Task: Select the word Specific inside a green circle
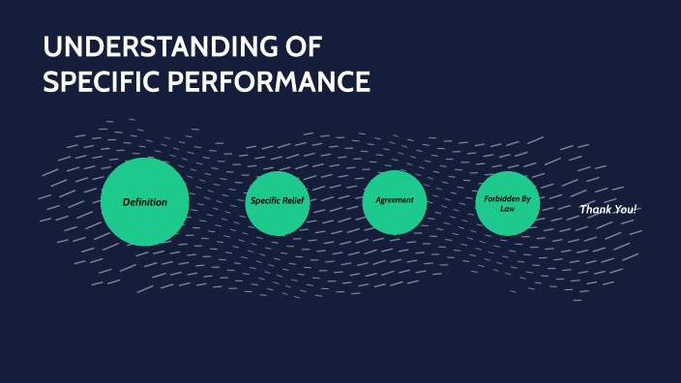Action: click(x=264, y=201)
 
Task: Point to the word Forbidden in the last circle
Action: click(x=501, y=198)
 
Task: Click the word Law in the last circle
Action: click(x=508, y=208)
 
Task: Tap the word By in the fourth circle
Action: click(x=527, y=198)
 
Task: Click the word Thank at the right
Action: click(x=595, y=210)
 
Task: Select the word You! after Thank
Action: click(x=626, y=210)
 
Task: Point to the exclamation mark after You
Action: click(x=637, y=209)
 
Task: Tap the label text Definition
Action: click(x=144, y=202)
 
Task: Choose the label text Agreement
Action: click(x=395, y=200)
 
